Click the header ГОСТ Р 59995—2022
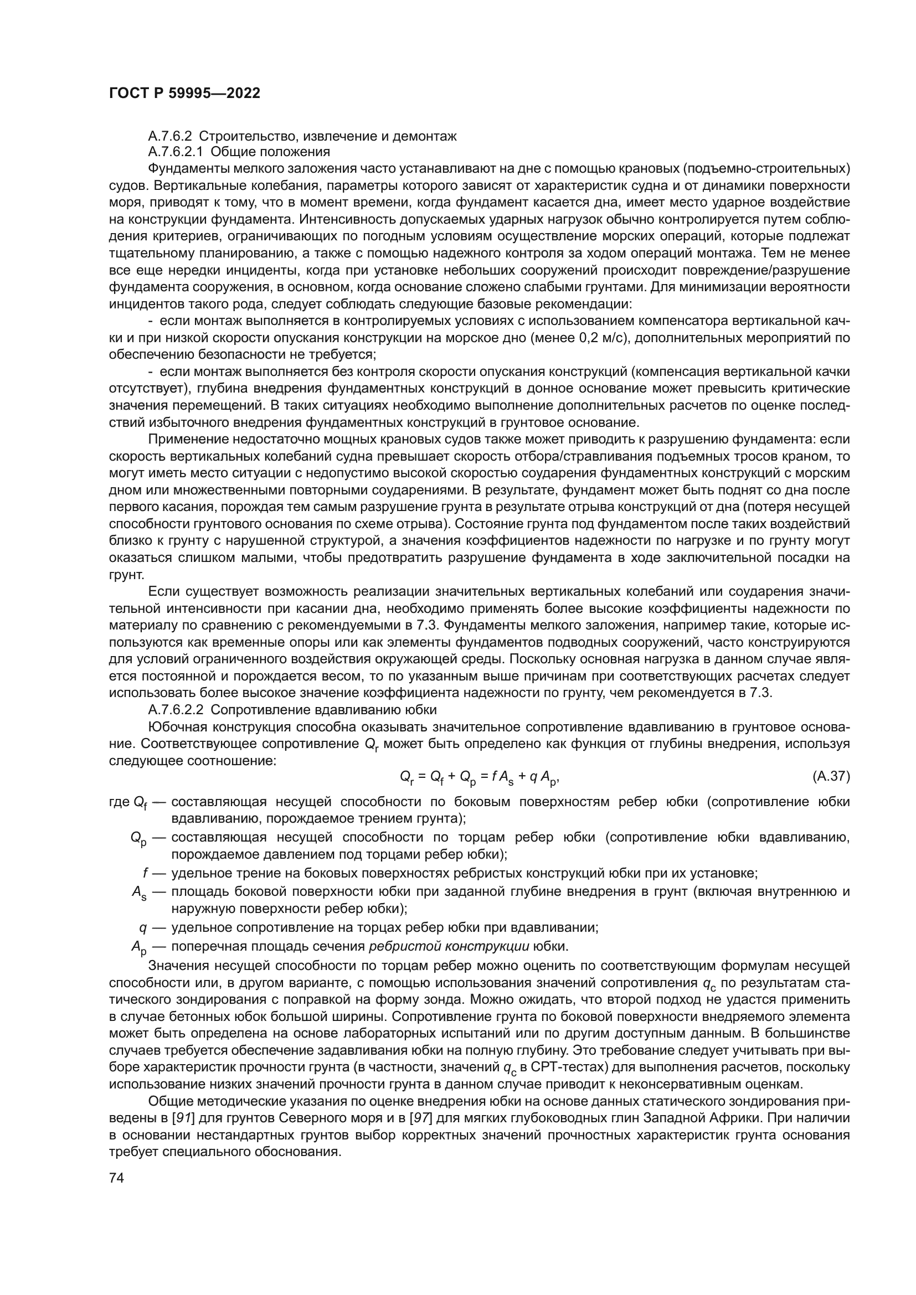184,94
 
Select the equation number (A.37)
831,776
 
